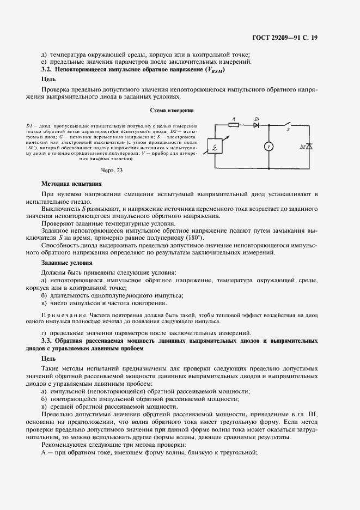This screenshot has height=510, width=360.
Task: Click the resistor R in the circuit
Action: pyautogui.click(x=234, y=124)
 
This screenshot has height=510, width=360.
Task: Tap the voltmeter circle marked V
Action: pyautogui.click(x=268, y=147)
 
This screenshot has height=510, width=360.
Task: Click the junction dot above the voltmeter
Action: pyautogui.click(x=268, y=124)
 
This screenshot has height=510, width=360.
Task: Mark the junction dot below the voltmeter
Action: pyautogui.click(x=268, y=169)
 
